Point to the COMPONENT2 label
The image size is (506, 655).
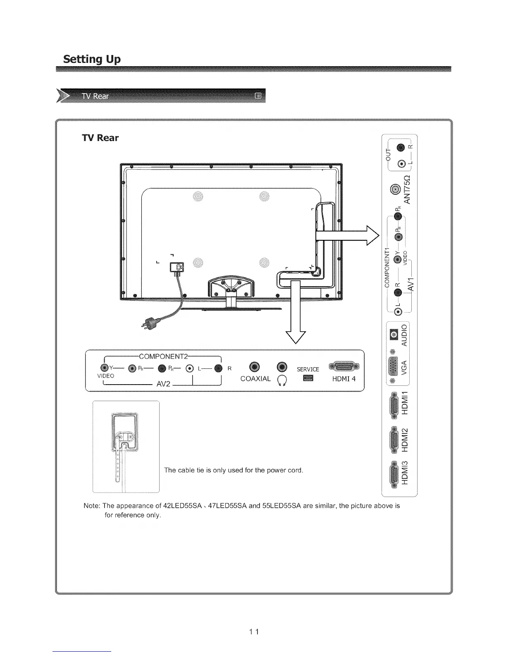pos(164,356)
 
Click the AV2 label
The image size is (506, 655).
pos(164,384)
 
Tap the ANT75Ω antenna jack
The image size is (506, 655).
pos(396,189)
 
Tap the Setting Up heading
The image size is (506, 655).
pos(91,59)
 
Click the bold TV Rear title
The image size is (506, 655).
pos(100,138)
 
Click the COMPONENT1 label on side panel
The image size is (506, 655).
pos(387,265)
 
